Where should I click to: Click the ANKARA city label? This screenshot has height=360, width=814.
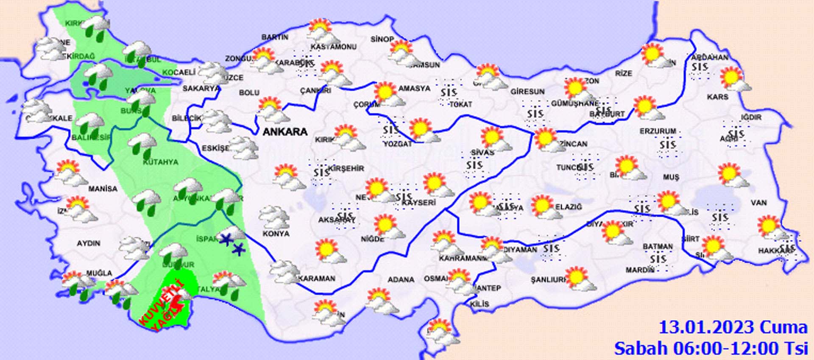pyautogui.click(x=285, y=132)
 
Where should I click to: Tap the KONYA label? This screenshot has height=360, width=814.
pyautogui.click(x=276, y=234)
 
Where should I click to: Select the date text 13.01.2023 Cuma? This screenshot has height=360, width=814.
pyautogui.click(x=733, y=327)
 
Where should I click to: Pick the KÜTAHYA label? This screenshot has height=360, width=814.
pyautogui.click(x=160, y=162)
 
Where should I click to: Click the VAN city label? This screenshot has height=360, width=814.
pyautogui.click(x=758, y=203)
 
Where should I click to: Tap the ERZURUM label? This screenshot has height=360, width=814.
pyautogui.click(x=658, y=131)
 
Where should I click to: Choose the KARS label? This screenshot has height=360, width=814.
pyautogui.click(x=717, y=97)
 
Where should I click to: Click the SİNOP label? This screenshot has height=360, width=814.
pyautogui.click(x=382, y=39)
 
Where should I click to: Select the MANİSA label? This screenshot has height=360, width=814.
pyautogui.click(x=103, y=189)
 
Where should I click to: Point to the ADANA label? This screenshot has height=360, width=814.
pyautogui.click(x=401, y=280)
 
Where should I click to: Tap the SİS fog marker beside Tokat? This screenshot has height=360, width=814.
pyautogui.click(x=449, y=92)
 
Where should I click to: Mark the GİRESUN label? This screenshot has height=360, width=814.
pyautogui.click(x=527, y=92)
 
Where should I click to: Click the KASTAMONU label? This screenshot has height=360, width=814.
pyautogui.click(x=333, y=47)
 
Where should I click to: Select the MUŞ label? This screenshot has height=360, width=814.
pyautogui.click(x=671, y=177)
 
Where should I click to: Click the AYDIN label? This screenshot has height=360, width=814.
pyautogui.click(x=88, y=243)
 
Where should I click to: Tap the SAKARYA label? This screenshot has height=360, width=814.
pyautogui.click(x=201, y=89)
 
